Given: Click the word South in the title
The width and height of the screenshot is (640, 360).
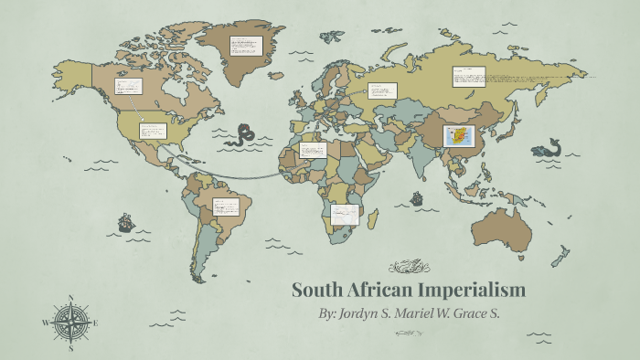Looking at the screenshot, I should (x=315, y=291).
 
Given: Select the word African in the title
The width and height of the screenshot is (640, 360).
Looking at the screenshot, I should (x=377, y=291).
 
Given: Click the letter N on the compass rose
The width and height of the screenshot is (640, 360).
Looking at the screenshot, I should (x=71, y=298).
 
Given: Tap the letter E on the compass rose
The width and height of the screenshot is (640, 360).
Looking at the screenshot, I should (x=94, y=323).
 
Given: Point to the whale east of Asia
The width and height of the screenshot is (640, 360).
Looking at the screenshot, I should (x=549, y=147).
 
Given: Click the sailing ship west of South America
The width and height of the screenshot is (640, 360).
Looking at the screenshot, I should (x=125, y=222).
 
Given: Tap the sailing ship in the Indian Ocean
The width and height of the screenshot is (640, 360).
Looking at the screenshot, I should (x=418, y=197).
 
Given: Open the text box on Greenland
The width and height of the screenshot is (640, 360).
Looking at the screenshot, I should (x=246, y=45).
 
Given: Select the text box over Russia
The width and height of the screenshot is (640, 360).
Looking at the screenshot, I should (x=468, y=77).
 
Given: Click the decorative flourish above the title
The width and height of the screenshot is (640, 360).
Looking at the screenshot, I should (x=409, y=268).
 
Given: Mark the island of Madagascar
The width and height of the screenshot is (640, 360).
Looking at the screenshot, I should (x=373, y=219).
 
